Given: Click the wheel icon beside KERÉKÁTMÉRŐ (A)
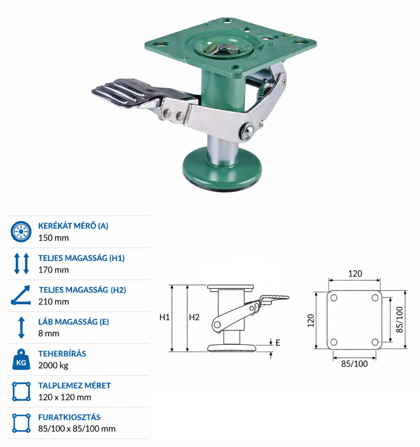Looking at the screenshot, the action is pyautogui.click(x=21, y=231).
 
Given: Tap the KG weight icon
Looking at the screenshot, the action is pyautogui.click(x=21, y=360).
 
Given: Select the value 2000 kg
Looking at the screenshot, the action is pyautogui.click(x=53, y=365).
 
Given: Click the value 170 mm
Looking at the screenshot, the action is pyautogui.click(x=54, y=270).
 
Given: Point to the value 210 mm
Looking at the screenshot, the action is pyautogui.click(x=54, y=301).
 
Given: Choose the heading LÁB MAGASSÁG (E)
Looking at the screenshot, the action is pyautogui.click(x=74, y=322).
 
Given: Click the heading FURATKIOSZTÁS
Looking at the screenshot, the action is pyautogui.click(x=70, y=417).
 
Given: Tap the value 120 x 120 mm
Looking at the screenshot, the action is pyautogui.click(x=65, y=397).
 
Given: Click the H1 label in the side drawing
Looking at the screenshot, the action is pyautogui.click(x=164, y=317).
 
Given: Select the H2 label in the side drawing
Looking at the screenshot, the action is pyautogui.click(x=194, y=317).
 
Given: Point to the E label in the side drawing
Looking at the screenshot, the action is pyautogui.click(x=278, y=343).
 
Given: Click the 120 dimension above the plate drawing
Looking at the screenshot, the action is pyautogui.click(x=355, y=274).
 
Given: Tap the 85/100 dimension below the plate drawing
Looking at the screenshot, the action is pyautogui.click(x=354, y=364).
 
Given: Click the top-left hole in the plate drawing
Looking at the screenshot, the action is pyautogui.click(x=334, y=298).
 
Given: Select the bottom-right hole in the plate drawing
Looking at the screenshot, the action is pyautogui.click(x=375, y=342).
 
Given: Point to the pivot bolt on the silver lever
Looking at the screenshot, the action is pyautogui.click(x=247, y=131).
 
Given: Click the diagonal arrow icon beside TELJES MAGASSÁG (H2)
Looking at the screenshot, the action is pyautogui.click(x=21, y=295).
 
